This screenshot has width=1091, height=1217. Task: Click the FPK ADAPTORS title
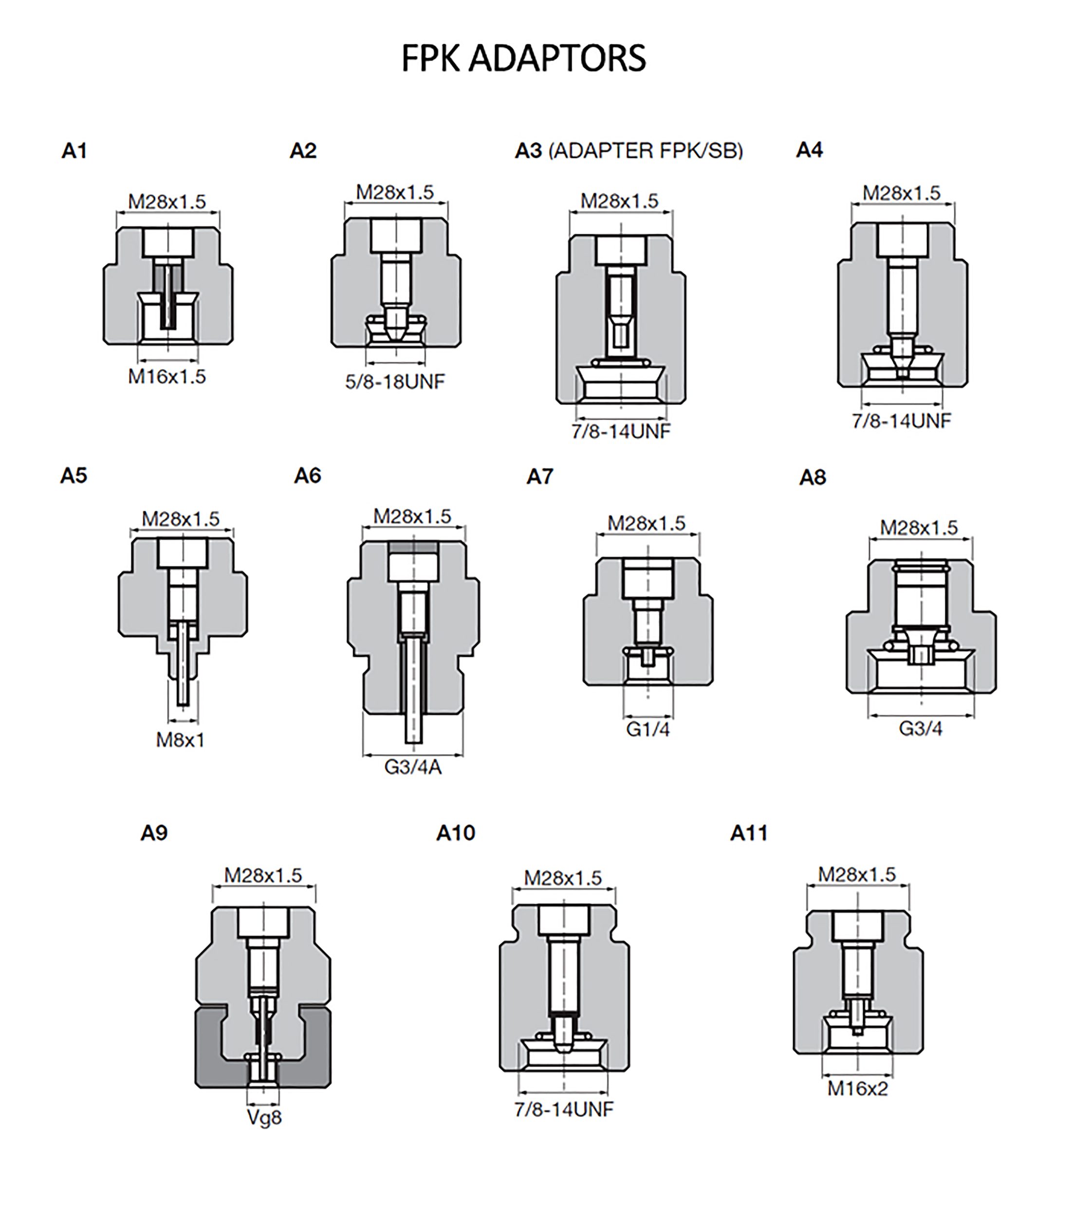[523, 58]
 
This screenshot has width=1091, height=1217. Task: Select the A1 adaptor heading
[74, 150]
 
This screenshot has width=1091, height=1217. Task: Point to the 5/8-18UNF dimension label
[395, 381]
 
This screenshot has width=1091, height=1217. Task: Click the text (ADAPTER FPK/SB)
[646, 150]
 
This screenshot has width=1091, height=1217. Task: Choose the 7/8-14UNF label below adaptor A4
[902, 421]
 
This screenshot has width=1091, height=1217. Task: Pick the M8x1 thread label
[181, 740]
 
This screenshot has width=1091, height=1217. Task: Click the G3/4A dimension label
[413, 767]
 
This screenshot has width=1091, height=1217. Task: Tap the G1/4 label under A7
[648, 729]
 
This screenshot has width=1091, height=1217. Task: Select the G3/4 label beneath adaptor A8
[921, 728]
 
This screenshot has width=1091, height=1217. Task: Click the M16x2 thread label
[858, 1088]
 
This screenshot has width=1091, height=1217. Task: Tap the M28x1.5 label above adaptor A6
[412, 516]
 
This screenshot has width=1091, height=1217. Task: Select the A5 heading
[74, 476]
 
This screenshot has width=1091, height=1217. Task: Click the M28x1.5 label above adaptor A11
[857, 875]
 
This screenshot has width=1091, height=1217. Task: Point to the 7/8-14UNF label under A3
[621, 431]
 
